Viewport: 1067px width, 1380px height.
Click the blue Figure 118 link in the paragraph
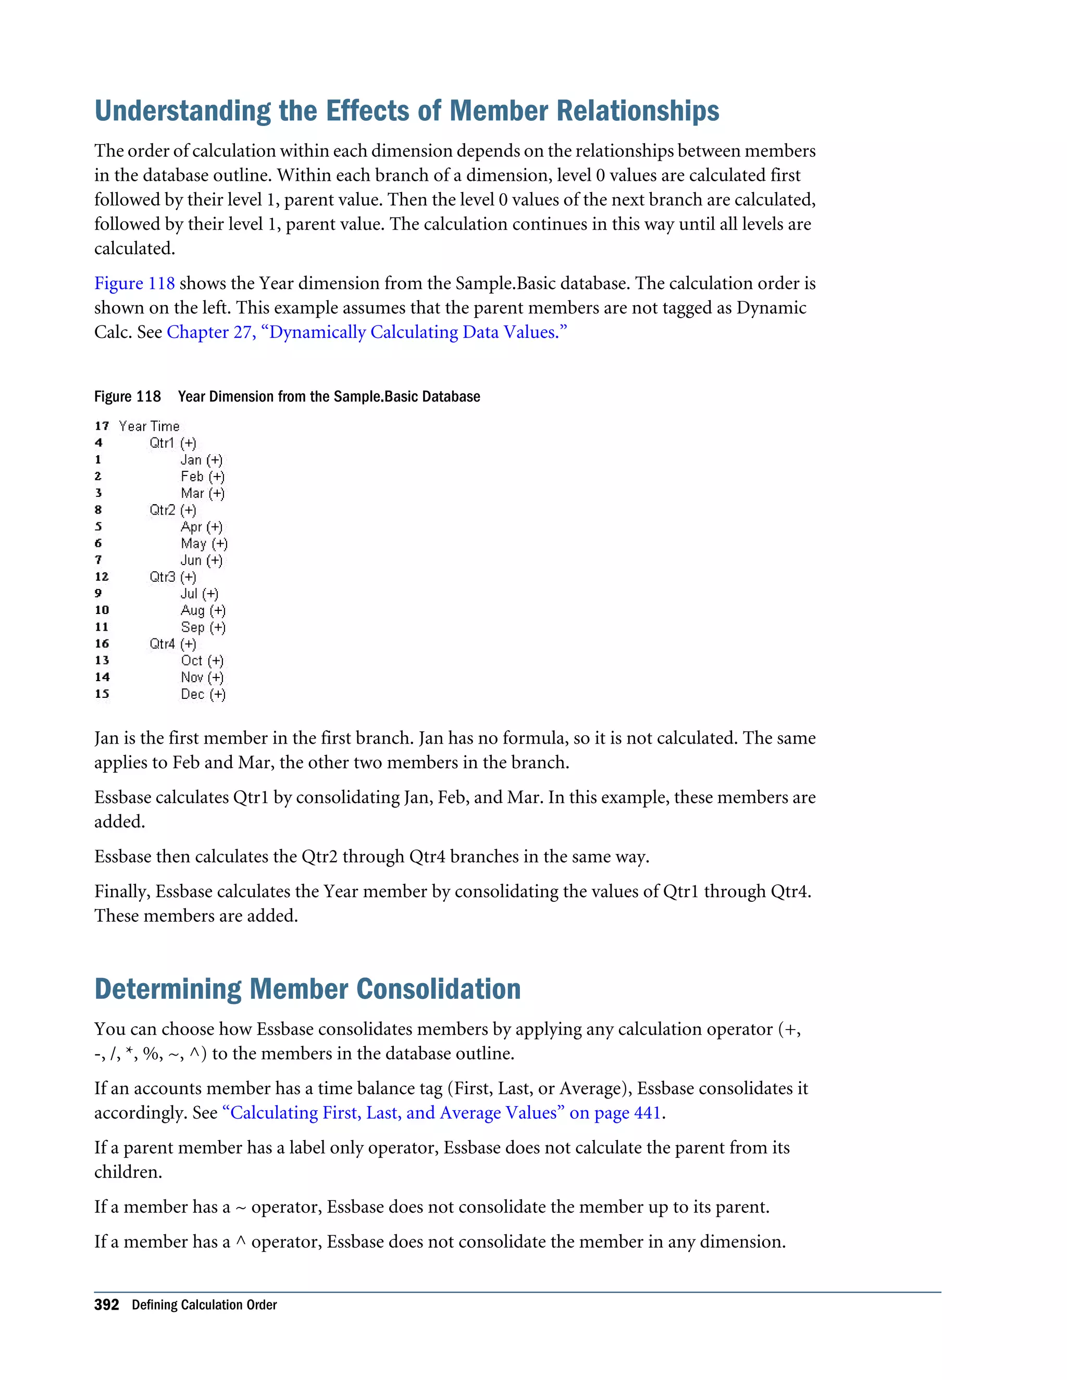[134, 283]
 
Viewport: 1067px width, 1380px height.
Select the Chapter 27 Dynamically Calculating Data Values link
[367, 332]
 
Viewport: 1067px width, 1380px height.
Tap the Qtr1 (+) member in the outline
[172, 443]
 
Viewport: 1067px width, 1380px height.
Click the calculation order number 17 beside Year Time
[102, 426]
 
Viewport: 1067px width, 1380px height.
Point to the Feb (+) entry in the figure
[202, 476]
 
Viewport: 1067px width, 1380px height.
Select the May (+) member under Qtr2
[204, 543]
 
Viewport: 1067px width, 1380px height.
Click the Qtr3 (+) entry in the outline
[172, 577]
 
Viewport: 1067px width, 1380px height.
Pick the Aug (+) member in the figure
[202, 610]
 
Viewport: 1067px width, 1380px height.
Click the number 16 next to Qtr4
[102, 644]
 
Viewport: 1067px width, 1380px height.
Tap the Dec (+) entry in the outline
[202, 694]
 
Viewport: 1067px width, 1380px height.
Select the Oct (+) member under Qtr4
[202, 660]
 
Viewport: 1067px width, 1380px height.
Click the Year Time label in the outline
[149, 426]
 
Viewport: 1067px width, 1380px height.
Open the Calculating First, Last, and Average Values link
[441, 1113]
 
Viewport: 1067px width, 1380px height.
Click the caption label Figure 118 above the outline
[127, 397]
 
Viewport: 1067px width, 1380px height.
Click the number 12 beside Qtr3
[102, 577]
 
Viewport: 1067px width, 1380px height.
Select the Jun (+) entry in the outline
[201, 560]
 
